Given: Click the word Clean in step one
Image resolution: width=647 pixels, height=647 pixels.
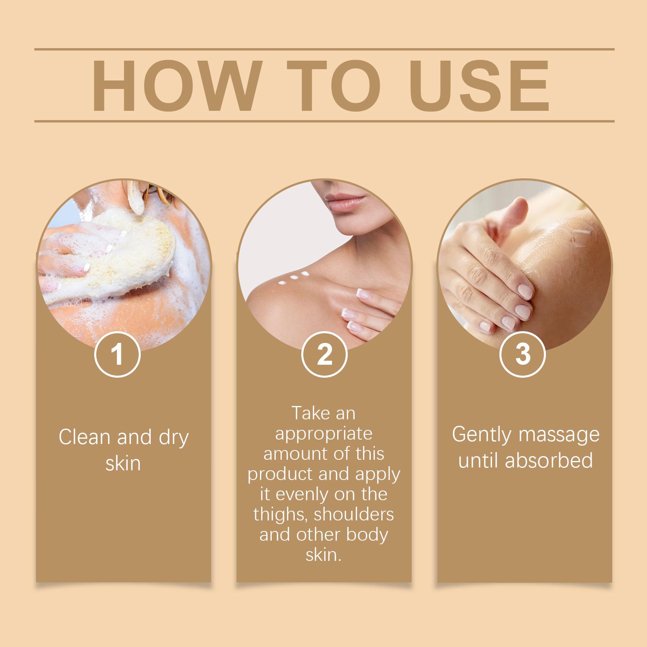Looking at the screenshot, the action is click(84, 437).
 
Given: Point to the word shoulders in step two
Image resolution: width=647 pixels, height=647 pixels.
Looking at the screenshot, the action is click(354, 514).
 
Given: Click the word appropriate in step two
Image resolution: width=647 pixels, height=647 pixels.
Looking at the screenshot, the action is click(323, 433).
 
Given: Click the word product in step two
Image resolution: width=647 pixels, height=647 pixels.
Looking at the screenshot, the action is click(280, 474).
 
